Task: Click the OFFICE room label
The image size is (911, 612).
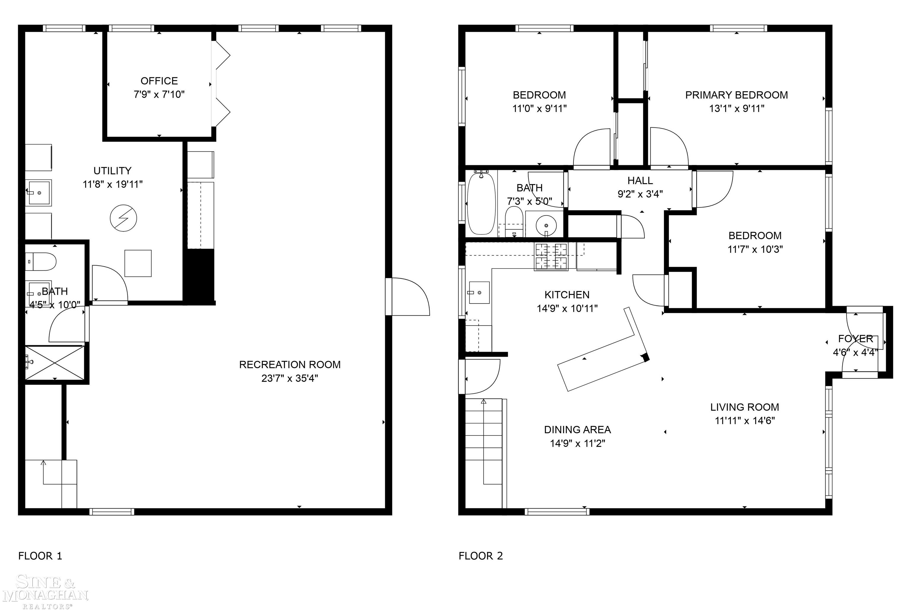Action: click(x=159, y=81)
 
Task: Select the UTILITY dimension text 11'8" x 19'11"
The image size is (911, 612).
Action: click(x=112, y=184)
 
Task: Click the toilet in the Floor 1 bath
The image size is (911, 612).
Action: click(x=42, y=261)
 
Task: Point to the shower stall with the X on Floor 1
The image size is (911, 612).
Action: click(x=55, y=362)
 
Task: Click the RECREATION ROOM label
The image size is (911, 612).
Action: click(x=290, y=365)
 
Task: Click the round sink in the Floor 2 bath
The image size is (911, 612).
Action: click(x=546, y=225)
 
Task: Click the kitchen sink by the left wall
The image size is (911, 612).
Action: click(x=479, y=292)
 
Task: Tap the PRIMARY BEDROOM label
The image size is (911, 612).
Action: click(x=736, y=95)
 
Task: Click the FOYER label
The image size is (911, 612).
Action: click(x=855, y=338)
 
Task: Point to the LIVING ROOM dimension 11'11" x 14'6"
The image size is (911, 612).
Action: click(x=745, y=420)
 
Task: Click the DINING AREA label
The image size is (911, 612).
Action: click(x=577, y=430)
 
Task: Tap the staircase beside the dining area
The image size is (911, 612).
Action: click(x=483, y=453)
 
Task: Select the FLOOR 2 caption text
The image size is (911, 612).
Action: click(x=481, y=556)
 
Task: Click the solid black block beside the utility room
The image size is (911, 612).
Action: click(x=199, y=276)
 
